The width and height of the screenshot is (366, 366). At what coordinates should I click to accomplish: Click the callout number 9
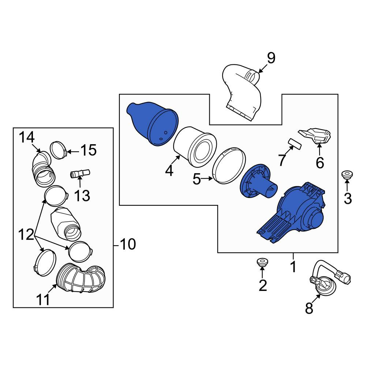pos(271,58)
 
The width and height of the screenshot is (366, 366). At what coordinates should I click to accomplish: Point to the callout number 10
pos(128,244)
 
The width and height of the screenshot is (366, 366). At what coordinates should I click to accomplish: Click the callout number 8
pos(309,308)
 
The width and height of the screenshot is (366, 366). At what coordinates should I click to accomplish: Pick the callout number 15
pos(89,150)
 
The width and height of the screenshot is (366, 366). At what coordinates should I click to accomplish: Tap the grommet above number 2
pos(262,262)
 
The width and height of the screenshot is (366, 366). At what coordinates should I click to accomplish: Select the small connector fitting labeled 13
pos(80,173)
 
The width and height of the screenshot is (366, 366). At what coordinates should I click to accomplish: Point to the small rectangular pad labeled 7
pos(295,143)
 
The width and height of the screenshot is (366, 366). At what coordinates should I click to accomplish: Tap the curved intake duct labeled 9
pos(242,92)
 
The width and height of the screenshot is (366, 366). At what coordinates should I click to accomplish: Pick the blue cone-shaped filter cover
pos(152,123)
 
